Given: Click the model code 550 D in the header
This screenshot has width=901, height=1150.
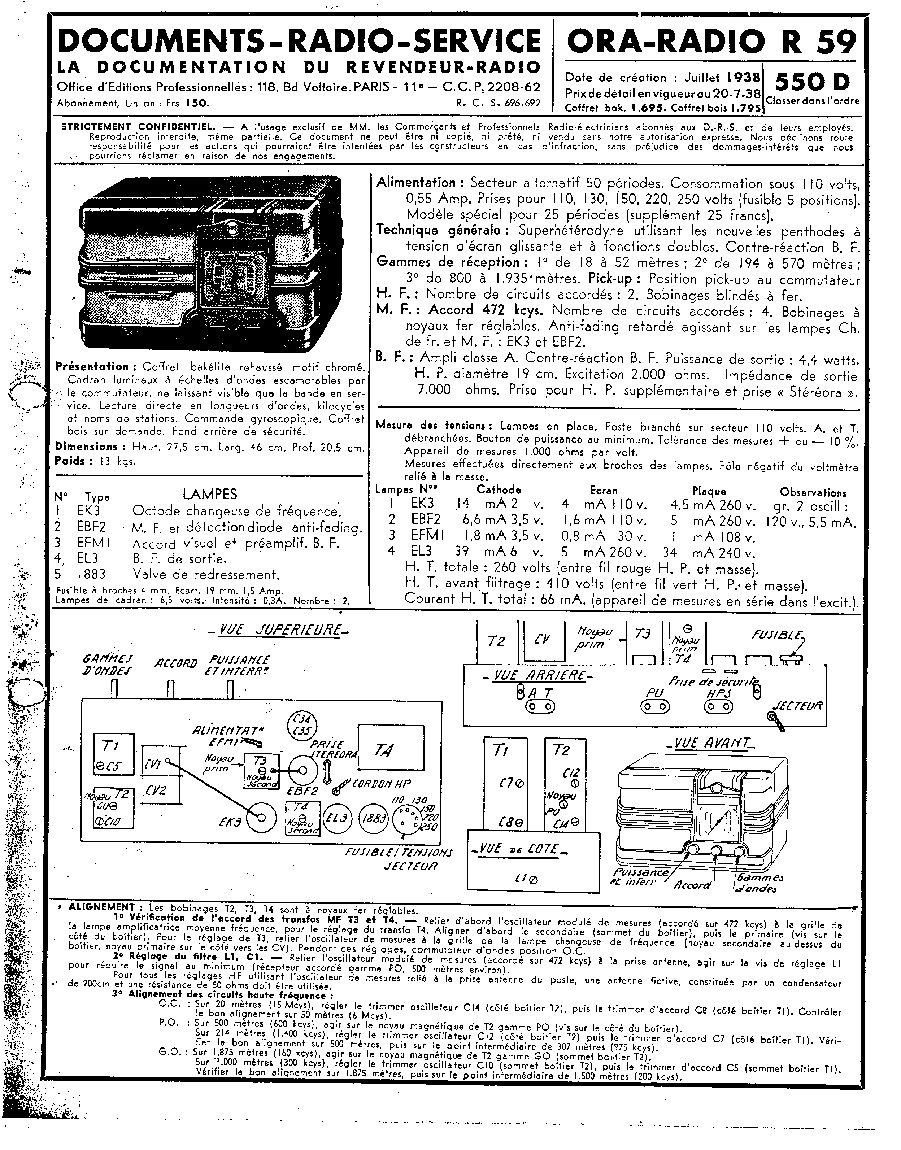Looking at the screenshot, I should click(x=812, y=82).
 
